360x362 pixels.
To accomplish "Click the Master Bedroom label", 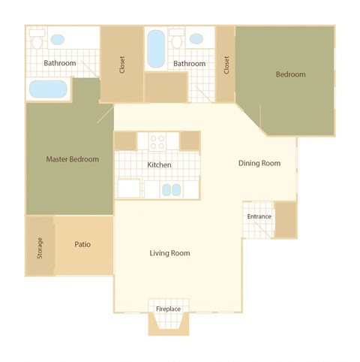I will [72, 159].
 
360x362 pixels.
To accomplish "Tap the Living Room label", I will [169, 253].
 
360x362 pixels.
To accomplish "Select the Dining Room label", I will [259, 163].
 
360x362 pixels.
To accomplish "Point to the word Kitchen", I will [159, 165].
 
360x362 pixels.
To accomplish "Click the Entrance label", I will [258, 217].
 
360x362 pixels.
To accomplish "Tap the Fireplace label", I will [168, 309].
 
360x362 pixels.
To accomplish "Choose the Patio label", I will [82, 245].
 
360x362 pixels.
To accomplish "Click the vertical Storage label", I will [40, 248].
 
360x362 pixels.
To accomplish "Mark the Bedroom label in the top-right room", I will [290, 74].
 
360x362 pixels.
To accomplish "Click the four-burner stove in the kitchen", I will [158, 140].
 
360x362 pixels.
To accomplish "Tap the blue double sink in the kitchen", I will [172, 189].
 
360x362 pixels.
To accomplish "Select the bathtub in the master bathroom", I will [47, 89].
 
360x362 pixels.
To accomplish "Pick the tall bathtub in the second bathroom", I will [156, 48].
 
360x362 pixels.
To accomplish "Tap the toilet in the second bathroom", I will [177, 40].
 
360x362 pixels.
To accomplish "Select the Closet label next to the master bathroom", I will [121, 65].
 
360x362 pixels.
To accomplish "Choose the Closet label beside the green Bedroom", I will [226, 65].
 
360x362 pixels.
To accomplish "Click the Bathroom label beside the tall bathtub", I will [189, 64].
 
